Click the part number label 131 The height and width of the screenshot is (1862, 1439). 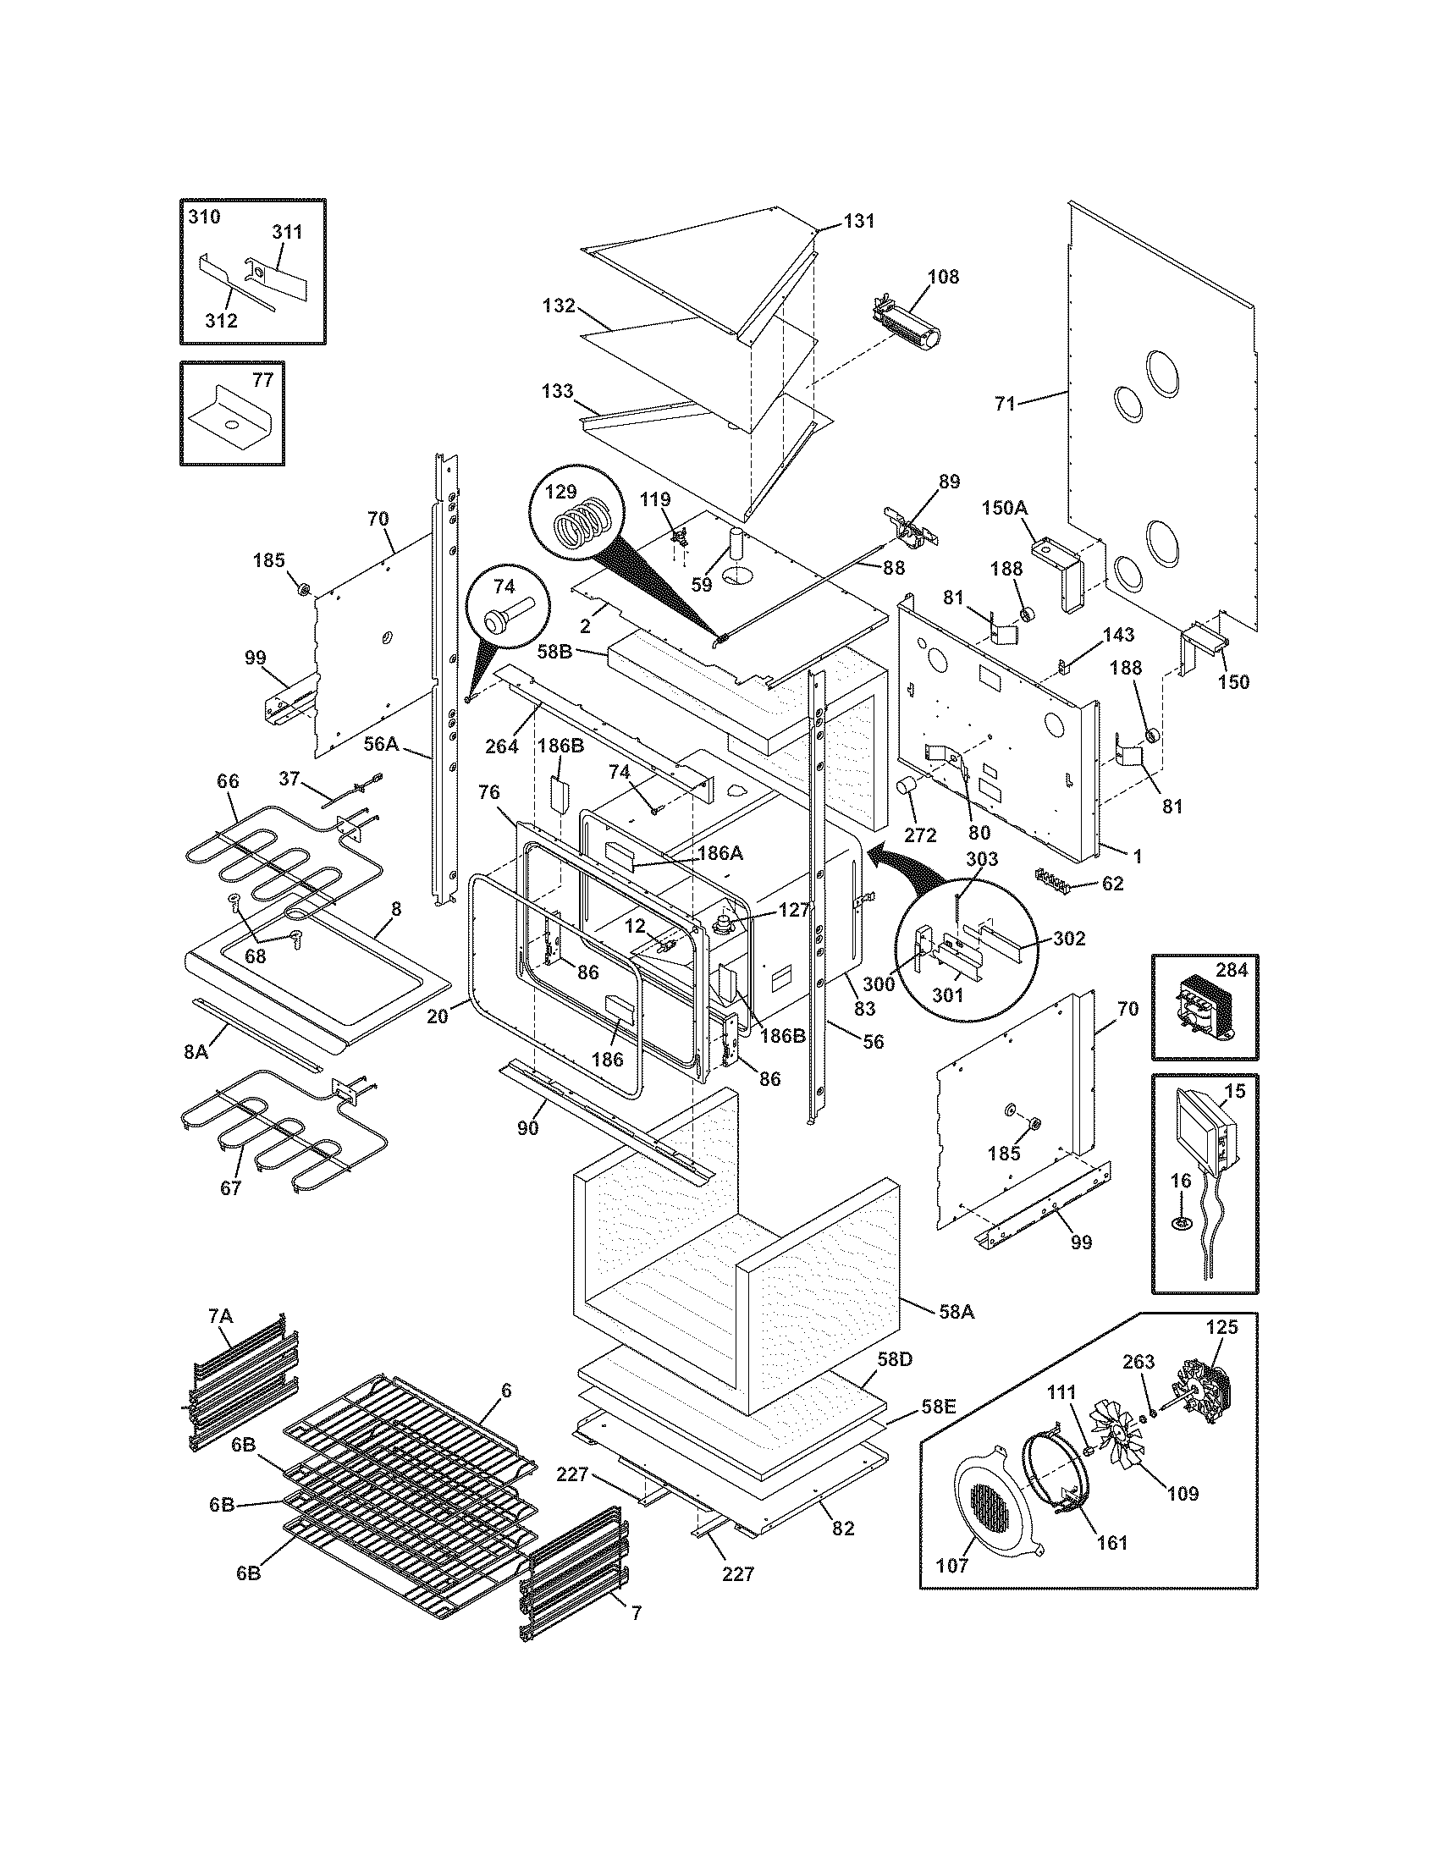(x=859, y=221)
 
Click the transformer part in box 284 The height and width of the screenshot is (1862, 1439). (x=1201, y=1011)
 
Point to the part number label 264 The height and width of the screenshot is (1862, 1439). (x=501, y=746)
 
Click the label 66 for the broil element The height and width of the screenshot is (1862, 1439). (x=228, y=781)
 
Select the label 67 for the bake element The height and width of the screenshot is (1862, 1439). (x=231, y=1187)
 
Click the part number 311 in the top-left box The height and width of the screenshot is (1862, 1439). (x=287, y=231)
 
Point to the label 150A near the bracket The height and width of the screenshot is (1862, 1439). (x=1004, y=508)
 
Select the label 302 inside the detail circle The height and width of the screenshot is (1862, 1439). (x=1069, y=939)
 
